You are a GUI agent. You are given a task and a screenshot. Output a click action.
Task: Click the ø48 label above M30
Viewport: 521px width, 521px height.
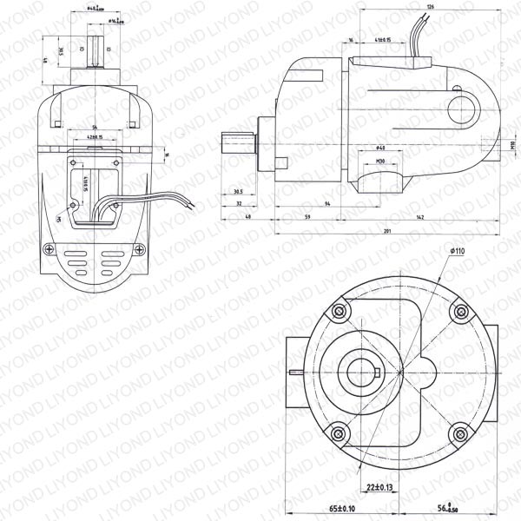click(381, 148)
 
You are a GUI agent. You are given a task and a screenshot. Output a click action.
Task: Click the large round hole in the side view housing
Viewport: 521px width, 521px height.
click(464, 109)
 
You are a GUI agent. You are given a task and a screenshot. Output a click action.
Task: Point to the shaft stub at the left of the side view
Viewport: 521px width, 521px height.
click(236, 140)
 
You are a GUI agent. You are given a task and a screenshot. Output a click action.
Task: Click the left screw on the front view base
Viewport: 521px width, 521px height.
click(49, 251)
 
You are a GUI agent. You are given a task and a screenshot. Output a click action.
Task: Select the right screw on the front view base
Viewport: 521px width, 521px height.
click(135, 251)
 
